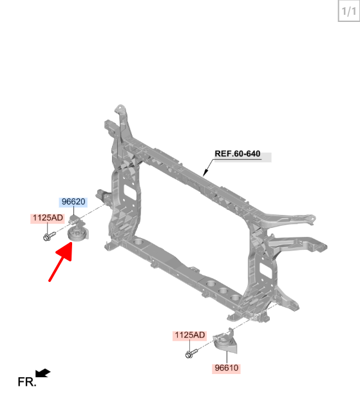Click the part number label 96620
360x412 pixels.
(x=73, y=201)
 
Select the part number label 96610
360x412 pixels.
(x=226, y=368)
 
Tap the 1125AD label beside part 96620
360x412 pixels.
(x=48, y=218)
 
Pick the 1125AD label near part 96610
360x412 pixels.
(x=189, y=335)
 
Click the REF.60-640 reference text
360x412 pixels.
(x=237, y=154)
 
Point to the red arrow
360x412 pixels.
(x=61, y=261)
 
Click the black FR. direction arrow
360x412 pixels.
(x=43, y=373)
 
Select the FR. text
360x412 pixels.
(x=27, y=382)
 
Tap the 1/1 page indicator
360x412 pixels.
(x=348, y=12)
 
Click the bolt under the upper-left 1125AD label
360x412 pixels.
(x=49, y=236)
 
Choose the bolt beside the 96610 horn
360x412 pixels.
(x=191, y=353)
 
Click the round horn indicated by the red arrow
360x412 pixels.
(x=77, y=232)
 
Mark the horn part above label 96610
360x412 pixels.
(x=225, y=342)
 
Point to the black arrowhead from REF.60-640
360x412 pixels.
(x=205, y=173)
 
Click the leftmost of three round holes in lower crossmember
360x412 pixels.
(x=211, y=284)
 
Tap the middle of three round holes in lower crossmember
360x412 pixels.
(x=223, y=290)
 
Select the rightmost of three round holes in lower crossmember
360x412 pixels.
(x=235, y=297)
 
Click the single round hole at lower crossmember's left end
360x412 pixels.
(x=138, y=241)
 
